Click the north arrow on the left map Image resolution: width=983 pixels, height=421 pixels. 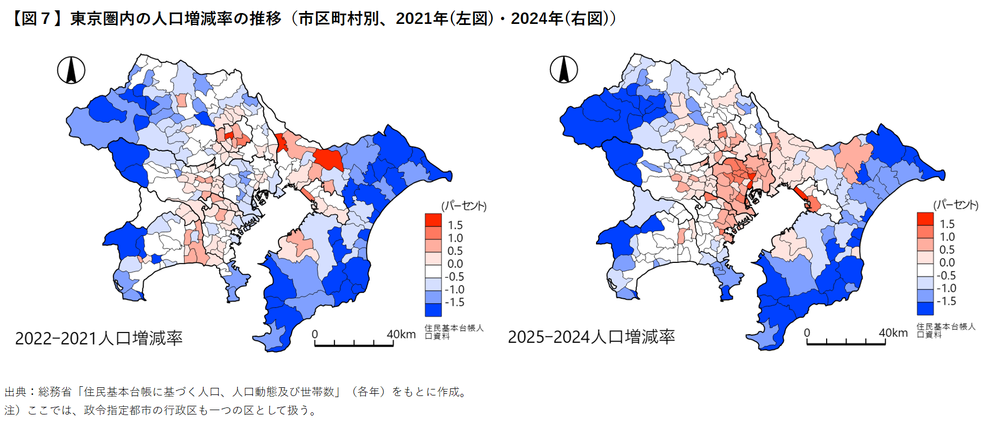71,71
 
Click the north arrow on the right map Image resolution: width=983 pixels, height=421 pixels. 563,70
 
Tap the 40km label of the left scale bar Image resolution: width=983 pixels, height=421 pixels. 401,334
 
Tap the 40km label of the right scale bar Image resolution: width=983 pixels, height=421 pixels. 893,333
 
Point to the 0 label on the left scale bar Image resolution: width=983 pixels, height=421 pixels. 315,335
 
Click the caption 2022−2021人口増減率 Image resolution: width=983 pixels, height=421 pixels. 99,338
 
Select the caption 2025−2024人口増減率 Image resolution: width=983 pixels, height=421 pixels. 591,337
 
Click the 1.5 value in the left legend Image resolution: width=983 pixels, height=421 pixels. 455,225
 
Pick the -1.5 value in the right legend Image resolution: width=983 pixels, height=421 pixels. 946,301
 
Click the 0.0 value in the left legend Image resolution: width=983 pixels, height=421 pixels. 455,263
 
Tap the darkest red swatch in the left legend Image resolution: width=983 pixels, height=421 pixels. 433,220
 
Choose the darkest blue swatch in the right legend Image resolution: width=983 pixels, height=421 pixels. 925,309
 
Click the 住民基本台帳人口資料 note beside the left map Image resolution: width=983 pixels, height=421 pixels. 453,332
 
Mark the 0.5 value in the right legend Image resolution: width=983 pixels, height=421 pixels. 947,249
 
